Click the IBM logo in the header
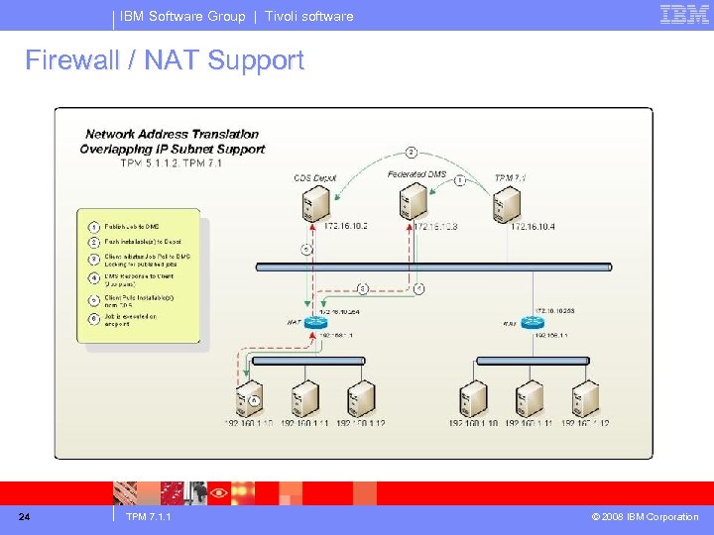pyautogui.click(x=684, y=15)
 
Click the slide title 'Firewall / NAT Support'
pyautogui.click(x=165, y=60)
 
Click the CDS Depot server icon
pyautogui.click(x=315, y=203)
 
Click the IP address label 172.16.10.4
pyautogui.click(x=534, y=227)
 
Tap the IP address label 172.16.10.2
pyautogui.click(x=345, y=227)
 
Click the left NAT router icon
pyautogui.click(x=315, y=324)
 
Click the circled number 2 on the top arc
pyautogui.click(x=411, y=153)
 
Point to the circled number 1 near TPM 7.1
pyautogui.click(x=459, y=180)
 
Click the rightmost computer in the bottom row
pyautogui.click(x=584, y=398)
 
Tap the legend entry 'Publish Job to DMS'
pyautogui.click(x=131, y=227)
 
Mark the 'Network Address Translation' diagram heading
pyautogui.click(x=172, y=134)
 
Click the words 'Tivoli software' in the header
pyautogui.click(x=308, y=16)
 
